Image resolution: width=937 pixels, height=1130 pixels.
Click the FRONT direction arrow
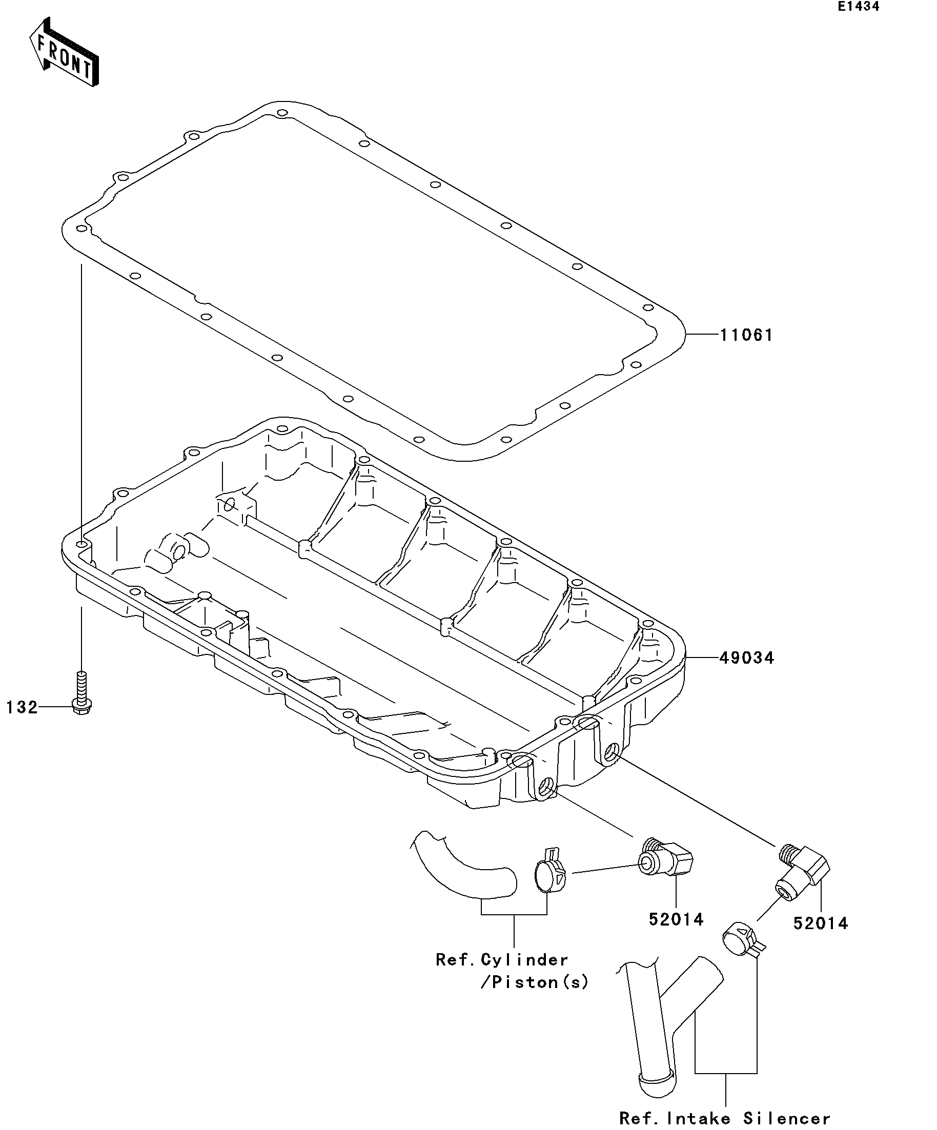(64, 53)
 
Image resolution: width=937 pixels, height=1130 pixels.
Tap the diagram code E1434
(858, 7)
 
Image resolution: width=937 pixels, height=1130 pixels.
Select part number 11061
(746, 335)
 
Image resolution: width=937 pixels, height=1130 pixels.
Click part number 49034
(746, 658)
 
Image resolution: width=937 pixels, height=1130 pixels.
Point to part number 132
(22, 707)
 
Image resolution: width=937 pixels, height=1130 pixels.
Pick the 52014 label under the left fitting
(676, 919)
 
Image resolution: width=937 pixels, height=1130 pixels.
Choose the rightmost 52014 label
(820, 923)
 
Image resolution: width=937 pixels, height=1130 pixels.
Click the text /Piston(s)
(534, 982)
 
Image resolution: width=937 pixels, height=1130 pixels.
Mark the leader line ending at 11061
(703, 335)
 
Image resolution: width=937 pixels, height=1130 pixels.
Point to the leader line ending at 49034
(703, 658)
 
